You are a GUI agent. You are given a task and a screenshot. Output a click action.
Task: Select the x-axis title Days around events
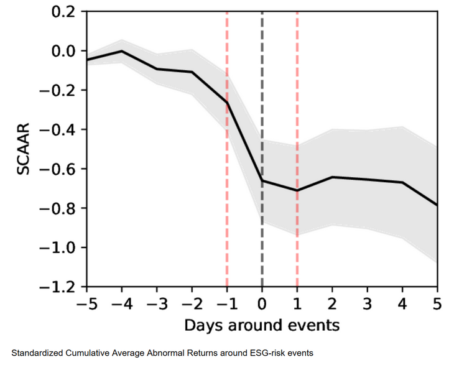261,325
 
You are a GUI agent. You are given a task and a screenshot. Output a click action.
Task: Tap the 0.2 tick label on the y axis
65,12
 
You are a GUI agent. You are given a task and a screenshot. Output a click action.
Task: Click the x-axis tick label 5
437,303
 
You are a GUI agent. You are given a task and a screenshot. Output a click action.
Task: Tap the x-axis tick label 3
367,303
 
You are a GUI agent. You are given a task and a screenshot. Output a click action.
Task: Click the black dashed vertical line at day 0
262,93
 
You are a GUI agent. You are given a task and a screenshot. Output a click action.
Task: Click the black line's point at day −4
122,51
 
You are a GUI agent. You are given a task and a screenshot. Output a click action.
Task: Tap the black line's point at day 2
332,177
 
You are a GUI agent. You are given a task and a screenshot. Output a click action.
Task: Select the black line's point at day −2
192,72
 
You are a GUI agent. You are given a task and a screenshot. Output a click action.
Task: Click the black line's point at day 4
402,182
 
